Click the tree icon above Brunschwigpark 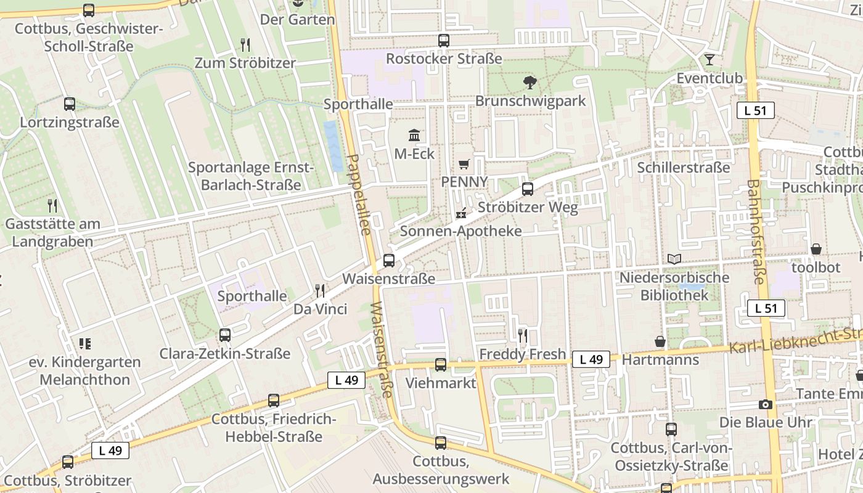click(530, 83)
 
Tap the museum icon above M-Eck click(414, 135)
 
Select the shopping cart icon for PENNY click(464, 164)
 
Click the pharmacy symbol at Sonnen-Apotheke click(460, 214)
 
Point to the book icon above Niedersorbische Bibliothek click(675, 259)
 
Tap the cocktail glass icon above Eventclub click(710, 60)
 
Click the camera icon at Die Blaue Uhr click(766, 404)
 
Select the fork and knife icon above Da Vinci click(319, 291)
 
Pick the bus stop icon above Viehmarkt click(441, 365)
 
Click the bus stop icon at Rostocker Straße click(444, 41)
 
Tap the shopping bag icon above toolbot click(816, 249)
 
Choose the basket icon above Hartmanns click(660, 341)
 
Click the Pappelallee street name click(358, 195)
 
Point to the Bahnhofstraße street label click(758, 232)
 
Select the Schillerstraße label click(684, 168)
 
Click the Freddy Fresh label click(523, 354)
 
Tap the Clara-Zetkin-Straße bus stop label click(225, 354)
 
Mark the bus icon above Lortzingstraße click(70, 104)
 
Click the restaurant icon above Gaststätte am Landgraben click(52, 206)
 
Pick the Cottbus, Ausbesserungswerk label click(441, 470)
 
